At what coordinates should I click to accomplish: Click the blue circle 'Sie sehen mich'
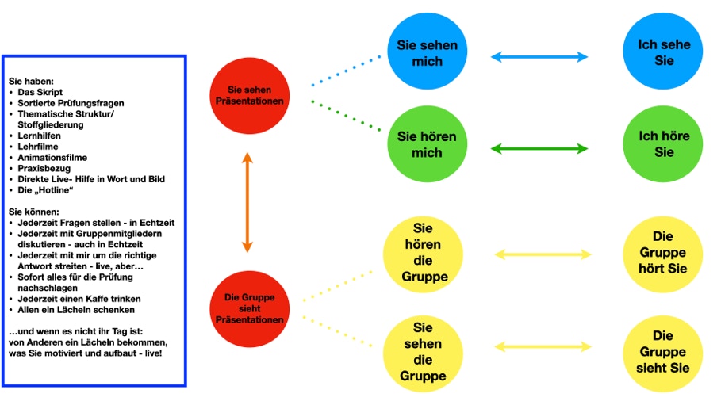coord(427,52)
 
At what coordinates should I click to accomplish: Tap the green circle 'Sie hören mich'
coord(427,143)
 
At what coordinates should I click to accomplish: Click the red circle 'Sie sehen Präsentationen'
coord(250,95)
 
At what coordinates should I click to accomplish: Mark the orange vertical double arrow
coord(247,201)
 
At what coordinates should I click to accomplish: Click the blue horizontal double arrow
coord(539,56)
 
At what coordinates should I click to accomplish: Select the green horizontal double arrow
coord(539,148)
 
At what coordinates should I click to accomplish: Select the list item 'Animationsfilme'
coord(52,158)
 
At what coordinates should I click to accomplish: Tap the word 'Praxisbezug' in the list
coord(44,168)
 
